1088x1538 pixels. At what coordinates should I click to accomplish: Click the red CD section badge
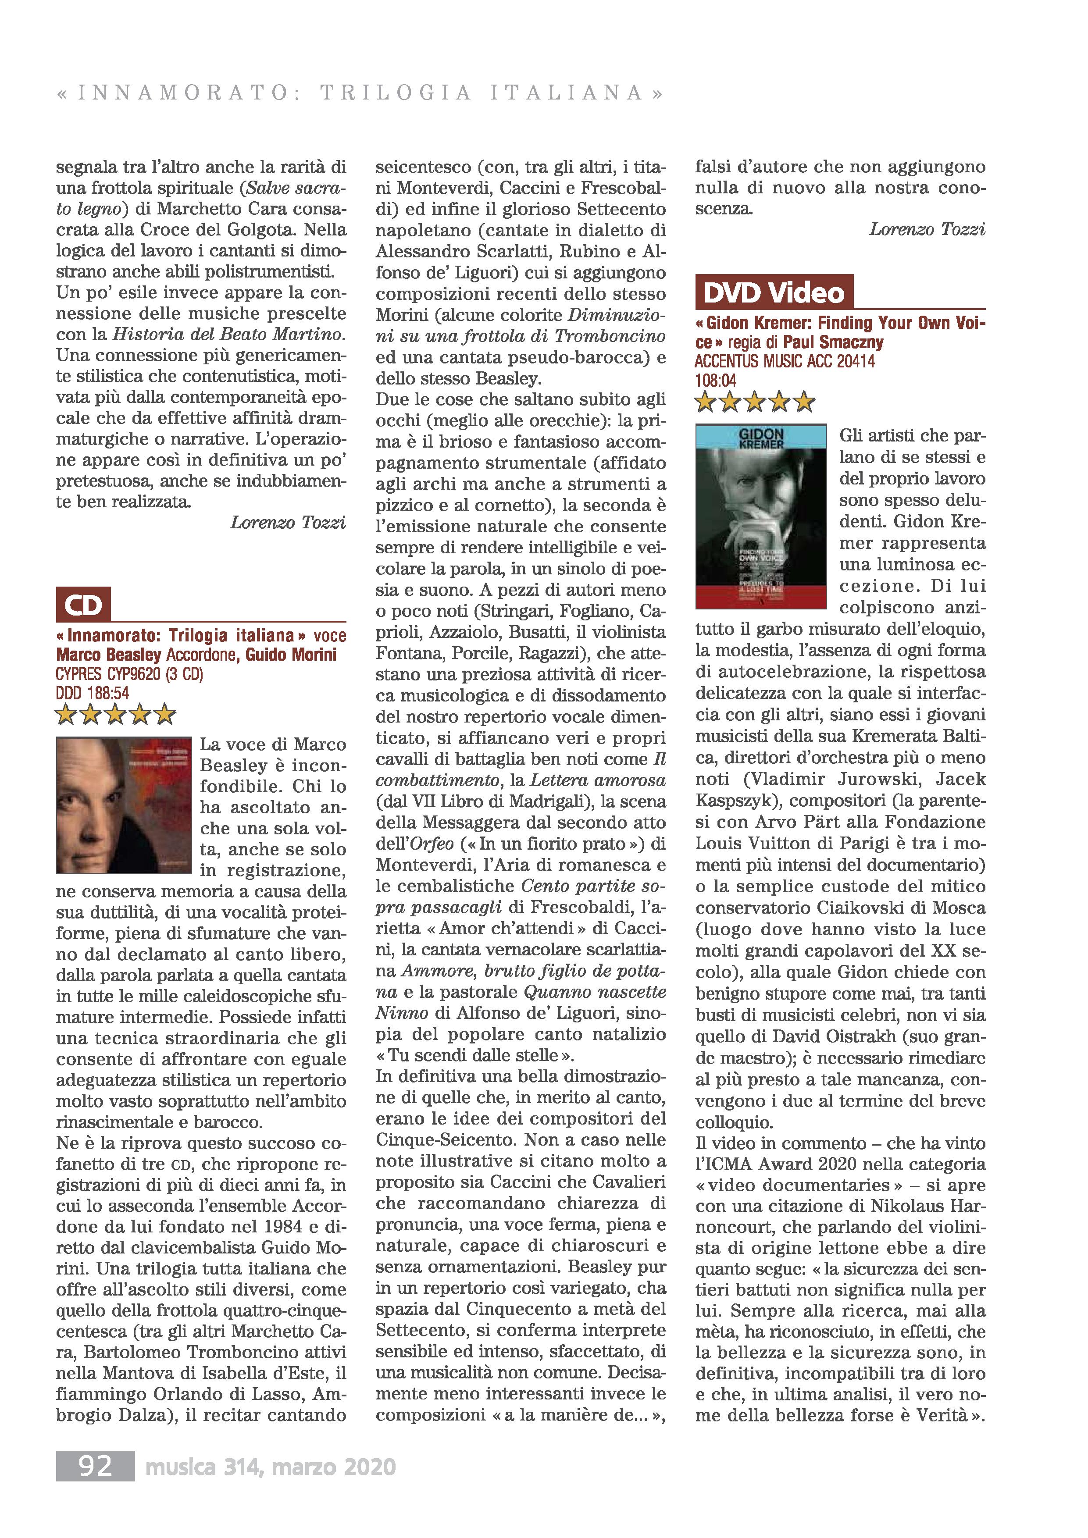click(83, 604)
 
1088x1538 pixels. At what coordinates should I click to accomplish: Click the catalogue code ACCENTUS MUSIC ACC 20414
click(785, 362)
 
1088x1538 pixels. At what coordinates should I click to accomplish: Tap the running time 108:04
click(716, 381)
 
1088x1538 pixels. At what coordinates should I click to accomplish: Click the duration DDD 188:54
click(93, 693)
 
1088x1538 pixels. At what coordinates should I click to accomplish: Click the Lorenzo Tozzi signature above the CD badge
click(288, 523)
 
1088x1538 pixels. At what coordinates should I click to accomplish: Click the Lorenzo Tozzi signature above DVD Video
click(927, 230)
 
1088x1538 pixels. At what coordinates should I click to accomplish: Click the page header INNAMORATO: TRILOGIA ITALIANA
click(360, 93)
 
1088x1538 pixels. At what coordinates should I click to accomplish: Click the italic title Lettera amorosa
click(598, 780)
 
